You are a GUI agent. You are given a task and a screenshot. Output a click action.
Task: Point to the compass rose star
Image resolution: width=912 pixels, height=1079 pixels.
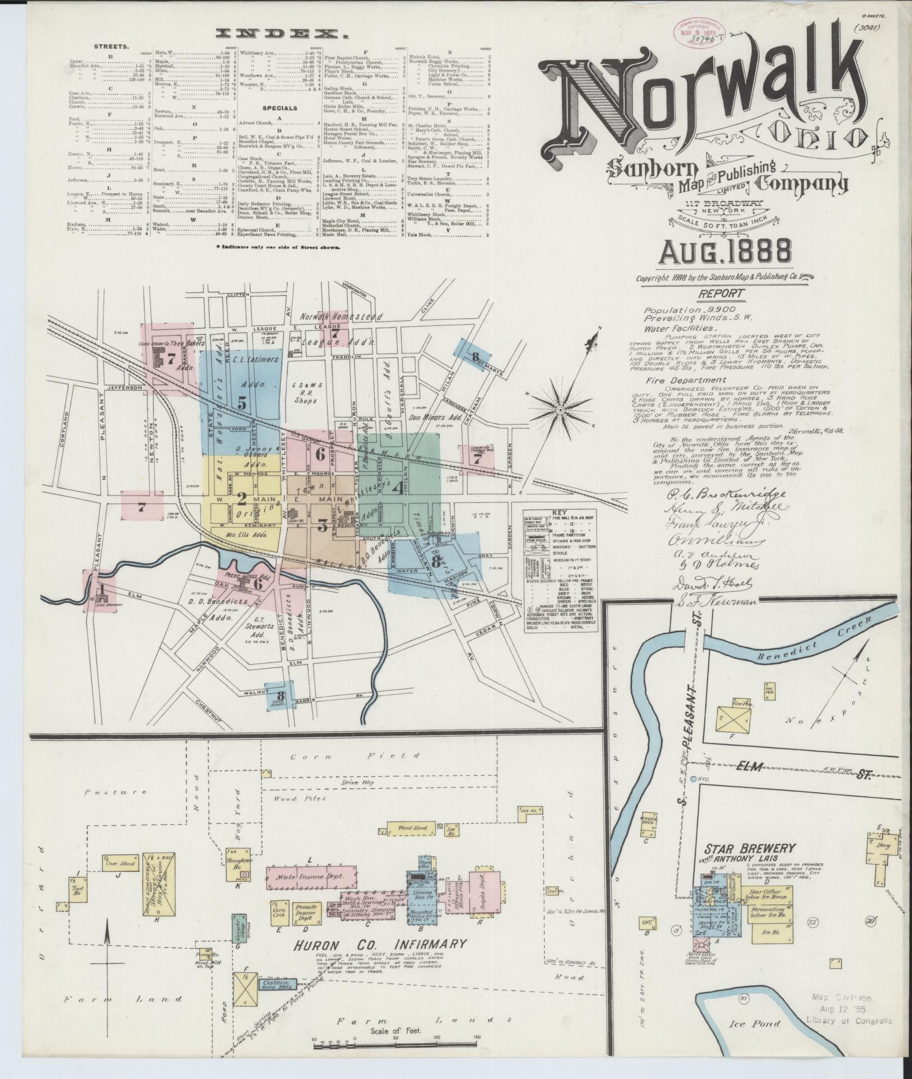point(560,410)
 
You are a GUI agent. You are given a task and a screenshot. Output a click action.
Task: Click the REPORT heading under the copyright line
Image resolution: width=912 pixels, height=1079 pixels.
point(722,293)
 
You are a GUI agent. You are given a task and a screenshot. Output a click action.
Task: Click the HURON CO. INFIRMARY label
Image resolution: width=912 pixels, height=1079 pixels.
point(380,944)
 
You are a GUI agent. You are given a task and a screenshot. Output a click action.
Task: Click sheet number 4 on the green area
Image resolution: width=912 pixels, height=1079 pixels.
point(397,489)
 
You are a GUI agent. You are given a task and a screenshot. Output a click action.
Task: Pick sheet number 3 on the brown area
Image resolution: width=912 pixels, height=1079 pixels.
point(322,525)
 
